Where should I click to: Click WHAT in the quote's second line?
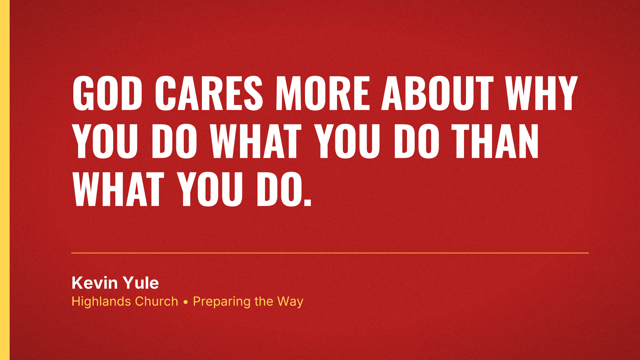click(256, 141)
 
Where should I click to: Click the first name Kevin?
click(95, 283)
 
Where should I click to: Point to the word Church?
click(157, 301)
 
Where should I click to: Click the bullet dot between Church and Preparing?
click(186, 302)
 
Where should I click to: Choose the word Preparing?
click(222, 302)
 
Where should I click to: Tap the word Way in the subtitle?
click(290, 302)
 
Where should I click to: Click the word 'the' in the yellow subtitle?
click(264, 301)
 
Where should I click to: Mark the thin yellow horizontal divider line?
click(330, 253)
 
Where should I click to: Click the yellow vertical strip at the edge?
click(5, 180)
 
